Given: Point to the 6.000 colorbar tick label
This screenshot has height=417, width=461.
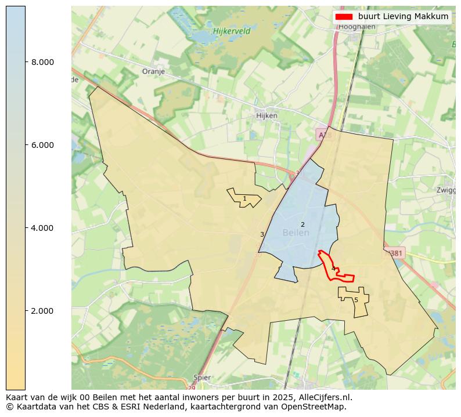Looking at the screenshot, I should pyautogui.click(x=42, y=145).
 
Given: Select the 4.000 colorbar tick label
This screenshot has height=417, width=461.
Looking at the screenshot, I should pyautogui.click(x=42, y=228).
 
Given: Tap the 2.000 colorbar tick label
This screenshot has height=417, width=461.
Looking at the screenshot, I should pyautogui.click(x=42, y=311).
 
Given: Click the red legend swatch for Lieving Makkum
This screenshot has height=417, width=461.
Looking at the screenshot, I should pyautogui.click(x=344, y=16).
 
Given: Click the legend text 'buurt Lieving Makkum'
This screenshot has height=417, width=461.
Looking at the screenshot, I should pyautogui.click(x=403, y=16).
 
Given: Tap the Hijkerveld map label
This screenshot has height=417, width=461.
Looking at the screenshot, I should pyautogui.click(x=231, y=31).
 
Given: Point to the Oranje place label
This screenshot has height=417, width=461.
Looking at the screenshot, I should pyautogui.click(x=153, y=72).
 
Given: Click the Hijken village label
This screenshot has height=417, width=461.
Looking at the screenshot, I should pyautogui.click(x=266, y=115).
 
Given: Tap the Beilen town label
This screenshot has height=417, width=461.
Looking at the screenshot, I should pyautogui.click(x=296, y=233).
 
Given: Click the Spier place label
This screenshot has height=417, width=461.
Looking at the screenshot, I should pyautogui.click(x=202, y=378).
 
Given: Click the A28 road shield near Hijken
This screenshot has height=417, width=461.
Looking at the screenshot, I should pyautogui.click(x=323, y=135).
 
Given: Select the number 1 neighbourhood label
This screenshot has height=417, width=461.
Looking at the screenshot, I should pyautogui.click(x=244, y=199).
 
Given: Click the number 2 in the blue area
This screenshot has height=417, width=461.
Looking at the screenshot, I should pyautogui.click(x=302, y=224).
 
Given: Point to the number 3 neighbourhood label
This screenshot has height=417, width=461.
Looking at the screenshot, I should pyautogui.click(x=262, y=234).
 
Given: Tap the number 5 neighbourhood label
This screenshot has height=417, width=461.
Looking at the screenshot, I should pyautogui.click(x=356, y=300).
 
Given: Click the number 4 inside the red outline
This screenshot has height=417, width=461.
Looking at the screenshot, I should pyautogui.click(x=333, y=269).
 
